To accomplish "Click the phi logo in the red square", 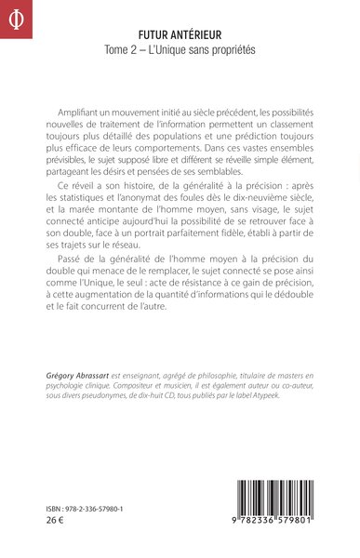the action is [x=15, y=15].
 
